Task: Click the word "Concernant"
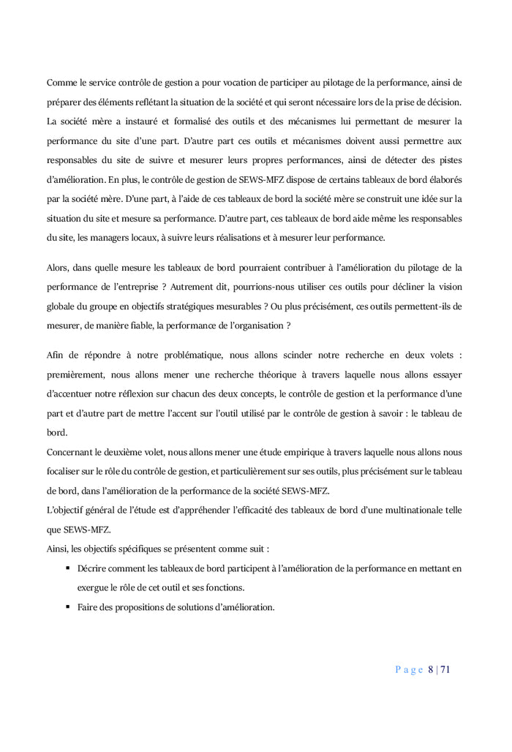tap(70, 452)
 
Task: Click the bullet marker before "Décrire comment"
tap(67, 568)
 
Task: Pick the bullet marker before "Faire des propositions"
tap(67, 606)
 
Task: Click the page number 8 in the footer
tap(431, 669)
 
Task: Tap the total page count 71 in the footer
tap(445, 669)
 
